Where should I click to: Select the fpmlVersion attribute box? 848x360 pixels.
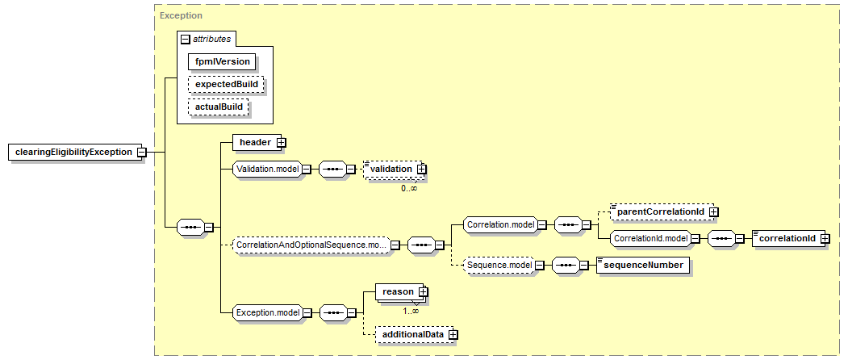click(221, 61)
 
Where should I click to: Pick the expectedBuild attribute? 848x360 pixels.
click(225, 84)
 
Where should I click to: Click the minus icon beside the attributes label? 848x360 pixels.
click(185, 39)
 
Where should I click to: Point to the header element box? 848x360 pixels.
click(254, 142)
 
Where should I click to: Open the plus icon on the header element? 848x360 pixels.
click(281, 142)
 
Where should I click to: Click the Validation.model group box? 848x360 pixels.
click(266, 170)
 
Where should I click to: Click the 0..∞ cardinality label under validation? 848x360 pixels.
click(409, 188)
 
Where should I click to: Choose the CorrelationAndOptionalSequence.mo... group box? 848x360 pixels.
click(310, 244)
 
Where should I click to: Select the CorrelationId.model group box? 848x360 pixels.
click(650, 238)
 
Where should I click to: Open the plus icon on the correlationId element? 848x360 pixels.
click(824, 238)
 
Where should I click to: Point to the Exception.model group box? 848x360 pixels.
click(267, 312)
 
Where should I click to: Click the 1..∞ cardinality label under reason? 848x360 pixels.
click(411, 311)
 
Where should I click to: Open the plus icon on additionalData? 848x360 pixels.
click(453, 333)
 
